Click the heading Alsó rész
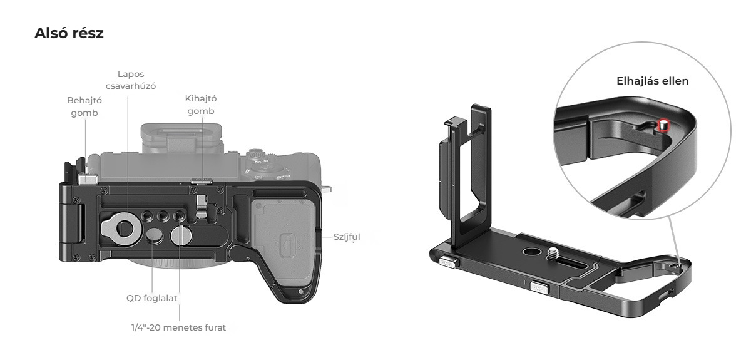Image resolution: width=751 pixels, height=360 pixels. pyautogui.click(x=69, y=33)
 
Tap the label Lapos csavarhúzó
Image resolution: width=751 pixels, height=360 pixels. pyautogui.click(x=131, y=80)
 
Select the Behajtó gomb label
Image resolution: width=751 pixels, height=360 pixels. pyautogui.click(x=84, y=106)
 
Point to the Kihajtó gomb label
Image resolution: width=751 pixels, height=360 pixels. pyautogui.click(x=201, y=105)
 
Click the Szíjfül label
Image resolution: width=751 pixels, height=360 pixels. pyautogui.click(x=347, y=237)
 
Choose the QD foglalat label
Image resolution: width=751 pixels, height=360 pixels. pyautogui.click(x=151, y=298)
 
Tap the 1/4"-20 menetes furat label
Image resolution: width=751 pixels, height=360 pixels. pyautogui.click(x=178, y=327)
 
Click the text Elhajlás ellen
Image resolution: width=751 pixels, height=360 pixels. pyautogui.click(x=652, y=81)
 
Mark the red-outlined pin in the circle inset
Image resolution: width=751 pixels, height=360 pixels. pyautogui.click(x=663, y=125)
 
